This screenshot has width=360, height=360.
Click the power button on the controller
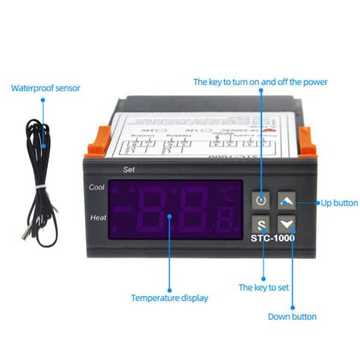(261, 200)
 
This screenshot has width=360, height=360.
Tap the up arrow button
(286, 200)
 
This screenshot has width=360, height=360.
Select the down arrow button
(286, 224)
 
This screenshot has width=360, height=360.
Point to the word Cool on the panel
(97, 187)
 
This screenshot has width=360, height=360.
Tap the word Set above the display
(128, 169)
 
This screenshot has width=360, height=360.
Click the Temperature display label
(169, 298)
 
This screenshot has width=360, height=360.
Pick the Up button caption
(339, 203)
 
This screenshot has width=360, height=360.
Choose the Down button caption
(292, 316)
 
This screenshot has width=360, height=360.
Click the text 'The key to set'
(263, 288)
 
